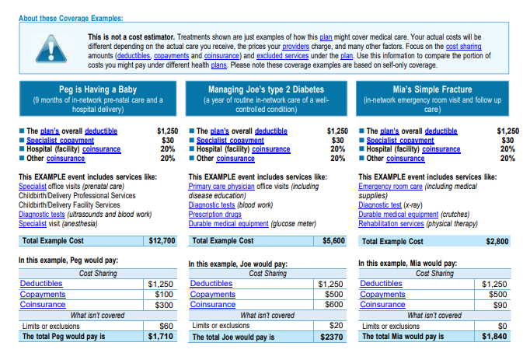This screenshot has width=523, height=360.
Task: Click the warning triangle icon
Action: point(51,50)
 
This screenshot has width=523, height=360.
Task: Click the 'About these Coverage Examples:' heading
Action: point(71,19)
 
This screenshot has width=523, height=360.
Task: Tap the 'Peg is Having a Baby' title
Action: point(98,89)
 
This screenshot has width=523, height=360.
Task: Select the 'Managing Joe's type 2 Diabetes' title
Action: point(267,89)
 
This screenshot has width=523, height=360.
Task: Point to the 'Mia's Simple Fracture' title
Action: point(432,89)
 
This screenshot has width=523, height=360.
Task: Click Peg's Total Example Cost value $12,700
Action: point(162,240)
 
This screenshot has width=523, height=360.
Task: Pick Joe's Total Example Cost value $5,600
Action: point(333,240)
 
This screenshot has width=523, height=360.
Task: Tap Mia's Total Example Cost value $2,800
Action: point(497,241)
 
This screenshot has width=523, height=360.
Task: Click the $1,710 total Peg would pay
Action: point(160,337)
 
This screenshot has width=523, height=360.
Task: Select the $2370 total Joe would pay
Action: point(332,337)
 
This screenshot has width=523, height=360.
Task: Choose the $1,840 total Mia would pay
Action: point(494,337)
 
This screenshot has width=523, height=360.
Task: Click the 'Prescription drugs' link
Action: point(214,214)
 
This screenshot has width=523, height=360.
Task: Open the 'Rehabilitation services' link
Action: point(391,223)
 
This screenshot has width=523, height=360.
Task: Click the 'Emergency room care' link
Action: point(390,186)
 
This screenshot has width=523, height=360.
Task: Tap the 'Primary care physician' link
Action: point(221,186)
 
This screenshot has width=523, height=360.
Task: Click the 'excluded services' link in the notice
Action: point(283,56)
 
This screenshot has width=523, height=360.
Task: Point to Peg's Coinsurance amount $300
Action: point(164,305)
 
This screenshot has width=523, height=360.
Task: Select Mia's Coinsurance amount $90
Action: point(500,305)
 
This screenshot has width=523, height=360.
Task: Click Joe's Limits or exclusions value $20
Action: point(336,325)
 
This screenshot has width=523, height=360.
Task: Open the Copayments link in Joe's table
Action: point(212,294)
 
